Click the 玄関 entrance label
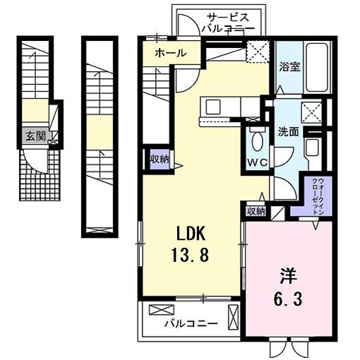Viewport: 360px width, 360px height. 35,136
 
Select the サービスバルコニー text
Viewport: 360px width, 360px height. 223,23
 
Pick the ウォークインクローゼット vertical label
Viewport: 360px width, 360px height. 314,194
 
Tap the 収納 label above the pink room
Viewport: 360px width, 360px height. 256,210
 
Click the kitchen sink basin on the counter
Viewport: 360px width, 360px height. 212,108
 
